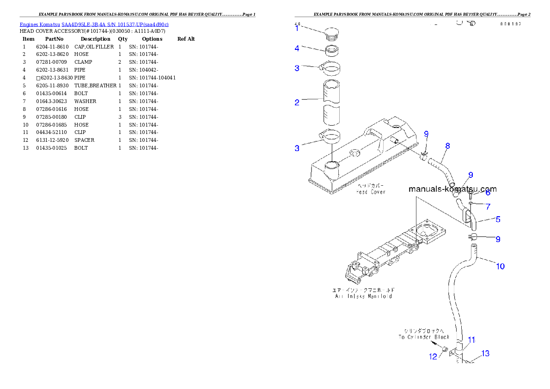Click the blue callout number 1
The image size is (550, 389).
tap(297, 28)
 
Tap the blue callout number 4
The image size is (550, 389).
tap(297, 48)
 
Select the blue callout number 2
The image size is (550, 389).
tap(297, 103)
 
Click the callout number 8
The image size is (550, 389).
tap(447, 146)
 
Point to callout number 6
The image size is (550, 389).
tap(488, 193)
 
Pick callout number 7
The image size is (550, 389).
tap(488, 207)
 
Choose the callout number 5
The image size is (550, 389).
tap(498, 219)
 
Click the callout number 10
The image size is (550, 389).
tap(500, 266)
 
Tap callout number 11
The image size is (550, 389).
tap(471, 340)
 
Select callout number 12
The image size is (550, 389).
tap(433, 357)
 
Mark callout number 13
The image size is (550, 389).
tap(485, 353)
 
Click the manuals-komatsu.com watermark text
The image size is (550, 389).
tap(452, 189)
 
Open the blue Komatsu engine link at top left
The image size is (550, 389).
tap(94, 24)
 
